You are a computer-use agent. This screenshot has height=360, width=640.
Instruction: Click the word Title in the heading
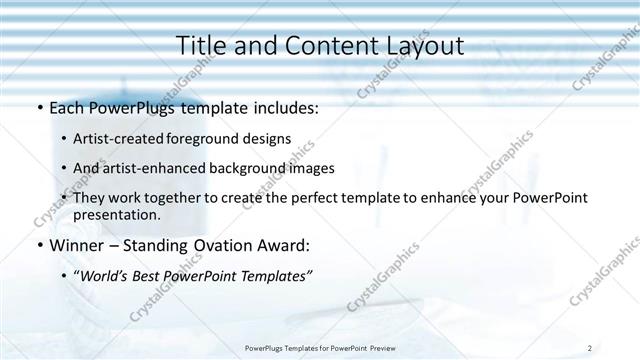(201, 46)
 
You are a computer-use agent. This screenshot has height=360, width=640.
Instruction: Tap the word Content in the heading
(320, 46)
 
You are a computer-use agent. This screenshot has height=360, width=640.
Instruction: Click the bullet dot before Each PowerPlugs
(38, 108)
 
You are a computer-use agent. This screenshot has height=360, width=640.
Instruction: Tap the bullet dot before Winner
(38, 245)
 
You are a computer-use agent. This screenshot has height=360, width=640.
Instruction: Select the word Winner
(76, 245)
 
